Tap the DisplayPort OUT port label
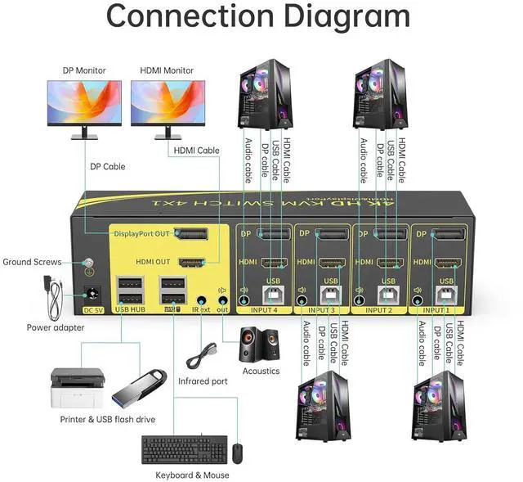(x=142, y=233)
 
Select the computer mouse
(x=236, y=453)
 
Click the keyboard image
(x=181, y=450)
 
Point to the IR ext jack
(x=202, y=300)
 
